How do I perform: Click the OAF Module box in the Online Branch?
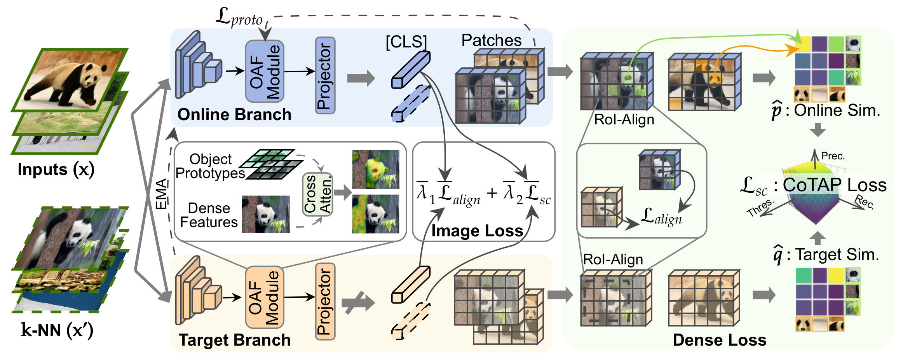coord(265,72)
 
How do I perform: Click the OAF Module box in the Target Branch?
coord(265,297)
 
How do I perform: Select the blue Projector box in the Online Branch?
coord(325,75)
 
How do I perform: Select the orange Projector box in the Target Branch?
coord(325,302)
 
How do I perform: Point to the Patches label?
coord(491,40)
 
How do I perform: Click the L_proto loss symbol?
coord(239,17)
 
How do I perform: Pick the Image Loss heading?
coord(477,231)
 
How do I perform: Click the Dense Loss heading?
coord(720,340)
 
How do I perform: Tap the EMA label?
coord(161,194)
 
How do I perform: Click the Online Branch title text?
coord(234,115)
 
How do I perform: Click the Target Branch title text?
coord(235,340)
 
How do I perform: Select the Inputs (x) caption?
coord(56,170)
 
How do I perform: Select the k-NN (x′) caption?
coord(57,330)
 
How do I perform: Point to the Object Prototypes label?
coord(210,166)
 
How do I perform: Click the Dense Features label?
coord(209,215)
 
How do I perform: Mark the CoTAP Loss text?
coord(834,185)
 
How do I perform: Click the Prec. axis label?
coord(833,156)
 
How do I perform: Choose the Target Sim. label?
coord(837,255)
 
